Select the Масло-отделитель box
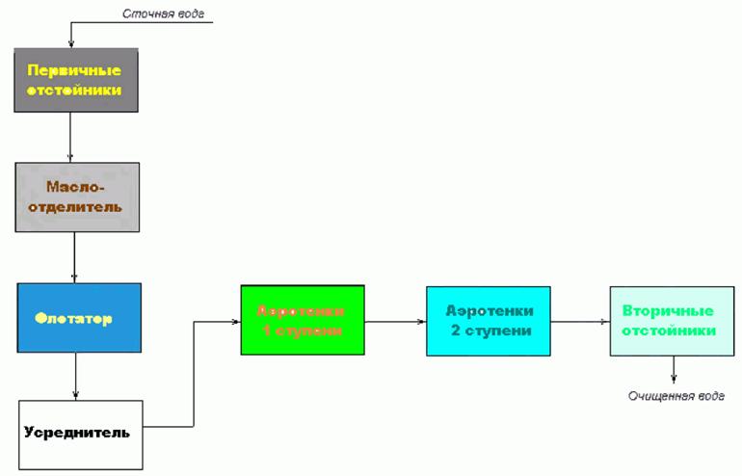click(x=77, y=197)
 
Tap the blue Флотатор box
click(x=79, y=317)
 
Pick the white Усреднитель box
click(x=80, y=435)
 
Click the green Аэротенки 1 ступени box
click(x=303, y=320)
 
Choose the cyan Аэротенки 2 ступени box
click(x=488, y=321)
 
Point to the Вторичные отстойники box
click(x=672, y=321)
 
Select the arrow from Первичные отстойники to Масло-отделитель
click(x=69, y=136)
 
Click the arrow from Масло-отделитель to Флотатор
click(x=75, y=257)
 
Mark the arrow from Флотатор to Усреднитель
click(x=75, y=375)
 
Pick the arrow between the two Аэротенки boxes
click(x=395, y=321)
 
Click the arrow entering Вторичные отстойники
click(x=580, y=321)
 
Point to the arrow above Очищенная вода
click(x=673, y=370)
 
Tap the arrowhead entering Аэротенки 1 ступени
click(x=236, y=321)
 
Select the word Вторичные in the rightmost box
click(x=668, y=311)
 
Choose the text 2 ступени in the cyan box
click(x=488, y=331)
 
